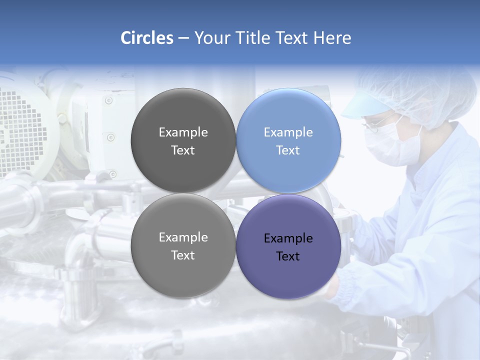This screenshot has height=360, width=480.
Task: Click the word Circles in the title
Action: pyautogui.click(x=146, y=38)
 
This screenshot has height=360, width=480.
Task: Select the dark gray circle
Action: pyautogui.click(x=183, y=140)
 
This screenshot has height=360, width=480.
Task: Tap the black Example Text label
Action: pyautogui.click(x=288, y=247)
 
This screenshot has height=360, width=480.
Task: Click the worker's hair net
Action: pyautogui.click(x=425, y=92)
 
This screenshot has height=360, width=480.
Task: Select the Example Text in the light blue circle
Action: pyautogui.click(x=288, y=141)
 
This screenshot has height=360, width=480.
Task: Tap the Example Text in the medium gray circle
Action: pyautogui.click(x=183, y=246)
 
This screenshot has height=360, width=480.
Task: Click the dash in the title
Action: pyautogui.click(x=183, y=38)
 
